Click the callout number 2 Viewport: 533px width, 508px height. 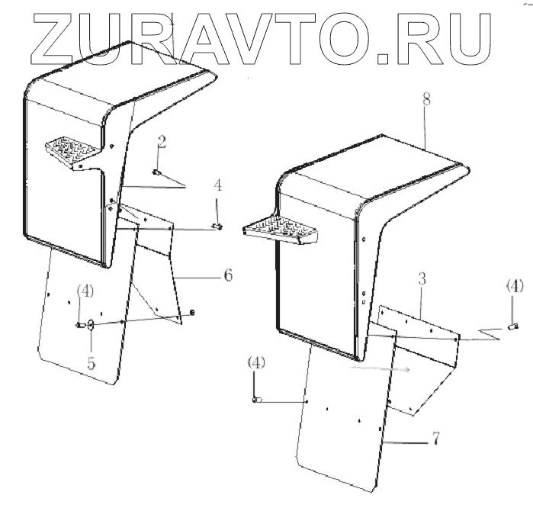click(x=162, y=141)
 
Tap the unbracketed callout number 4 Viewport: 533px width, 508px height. click(x=217, y=184)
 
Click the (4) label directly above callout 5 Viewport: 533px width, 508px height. click(x=85, y=291)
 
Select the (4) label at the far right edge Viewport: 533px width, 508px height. click(x=515, y=286)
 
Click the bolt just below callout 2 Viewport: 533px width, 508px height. click(x=156, y=173)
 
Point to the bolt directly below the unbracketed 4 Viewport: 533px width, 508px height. click(x=218, y=226)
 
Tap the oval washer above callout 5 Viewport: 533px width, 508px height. click(x=92, y=326)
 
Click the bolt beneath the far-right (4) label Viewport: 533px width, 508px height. click(x=513, y=326)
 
